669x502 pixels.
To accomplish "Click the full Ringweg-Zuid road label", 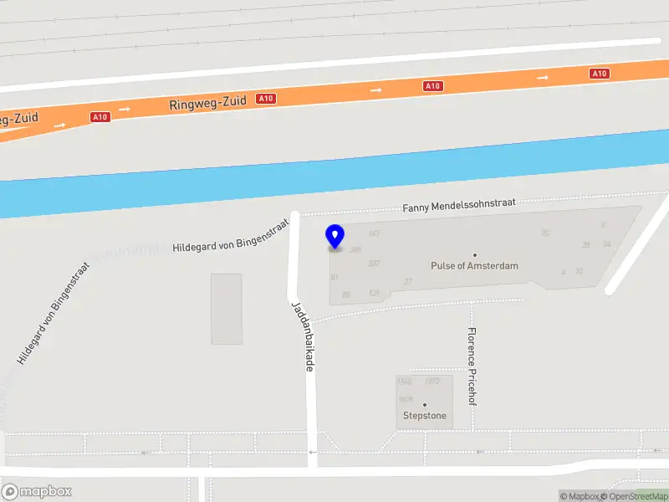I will pos(207,103).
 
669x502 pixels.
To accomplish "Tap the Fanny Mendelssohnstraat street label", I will pos(459,203).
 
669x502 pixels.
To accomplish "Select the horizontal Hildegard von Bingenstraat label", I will pos(230,237).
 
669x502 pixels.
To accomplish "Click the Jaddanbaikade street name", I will pos(302,336).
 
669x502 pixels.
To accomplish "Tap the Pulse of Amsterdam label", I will pos(474,266).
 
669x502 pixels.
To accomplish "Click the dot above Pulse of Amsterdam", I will pos(475,254).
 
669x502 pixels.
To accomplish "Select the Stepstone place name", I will pos(424,416).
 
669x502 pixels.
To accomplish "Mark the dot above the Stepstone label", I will pos(424,405).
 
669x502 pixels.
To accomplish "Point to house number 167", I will pos(374,233).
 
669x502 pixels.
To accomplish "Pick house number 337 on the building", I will pos(374,264).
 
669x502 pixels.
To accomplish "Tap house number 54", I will pos(606,243).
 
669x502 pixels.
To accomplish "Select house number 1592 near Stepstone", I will pos(432,382).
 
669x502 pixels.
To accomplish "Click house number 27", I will pos(408,281).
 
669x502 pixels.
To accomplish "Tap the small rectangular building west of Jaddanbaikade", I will pos(227,308).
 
